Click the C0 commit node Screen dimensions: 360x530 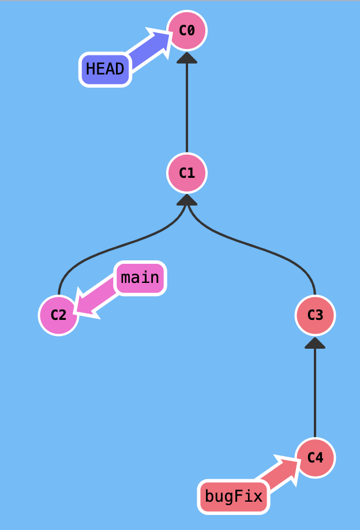point(186,31)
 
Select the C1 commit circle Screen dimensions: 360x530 point(186,173)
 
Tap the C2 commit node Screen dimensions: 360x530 point(58,315)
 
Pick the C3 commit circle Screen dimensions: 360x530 point(315,315)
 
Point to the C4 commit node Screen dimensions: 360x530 point(315,458)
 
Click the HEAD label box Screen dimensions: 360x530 point(105,69)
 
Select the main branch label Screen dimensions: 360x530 point(140,278)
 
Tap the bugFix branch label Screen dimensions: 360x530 point(234,496)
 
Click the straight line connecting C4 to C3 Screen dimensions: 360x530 point(315,393)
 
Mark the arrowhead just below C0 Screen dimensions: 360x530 point(186,58)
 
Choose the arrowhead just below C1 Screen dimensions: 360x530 point(186,200)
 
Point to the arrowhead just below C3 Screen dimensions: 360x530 point(315,343)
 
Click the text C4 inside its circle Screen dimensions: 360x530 point(315,458)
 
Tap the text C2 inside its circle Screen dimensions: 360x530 point(58,315)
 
